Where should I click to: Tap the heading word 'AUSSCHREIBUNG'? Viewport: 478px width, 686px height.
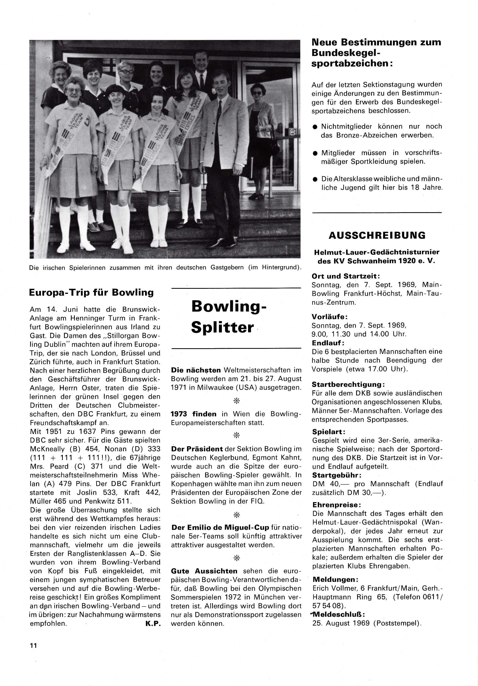377,235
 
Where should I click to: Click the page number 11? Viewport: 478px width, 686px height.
33,645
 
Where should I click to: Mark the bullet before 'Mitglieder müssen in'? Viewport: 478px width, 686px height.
315,153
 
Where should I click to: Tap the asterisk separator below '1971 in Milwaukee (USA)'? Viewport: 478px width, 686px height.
236,401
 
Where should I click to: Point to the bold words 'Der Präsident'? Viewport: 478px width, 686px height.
197,449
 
